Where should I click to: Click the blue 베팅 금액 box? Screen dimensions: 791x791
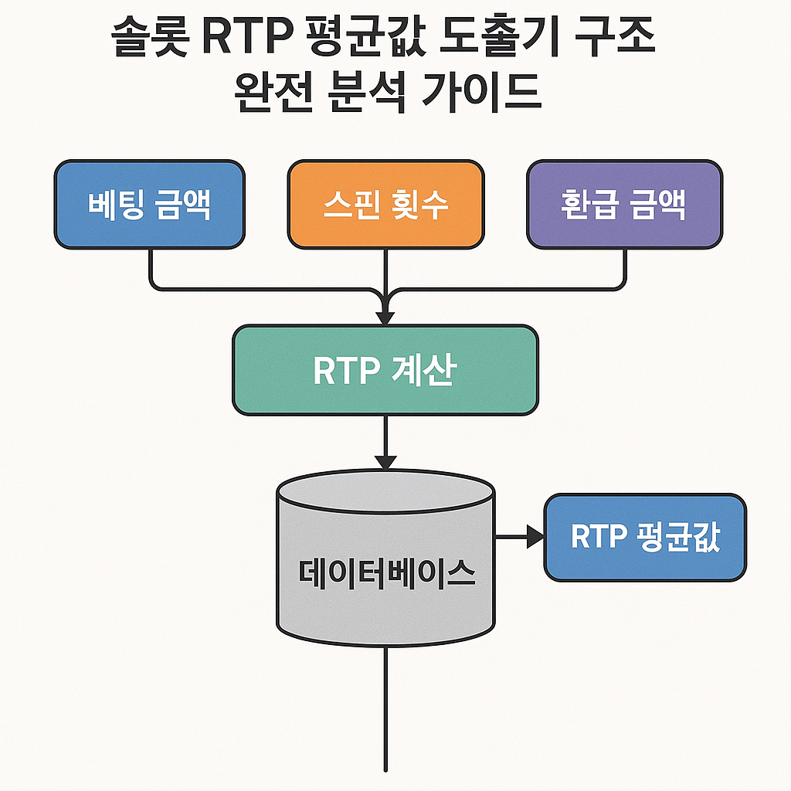[x=149, y=204]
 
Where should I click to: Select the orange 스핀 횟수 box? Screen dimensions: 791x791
[x=386, y=204]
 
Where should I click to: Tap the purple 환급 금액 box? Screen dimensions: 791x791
[x=624, y=204]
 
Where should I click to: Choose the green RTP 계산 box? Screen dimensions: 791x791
[x=385, y=370]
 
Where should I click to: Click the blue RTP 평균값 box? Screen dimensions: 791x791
[x=645, y=538]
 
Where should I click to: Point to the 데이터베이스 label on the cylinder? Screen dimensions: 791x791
[x=387, y=573]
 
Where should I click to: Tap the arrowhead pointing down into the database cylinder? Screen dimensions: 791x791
[x=385, y=462]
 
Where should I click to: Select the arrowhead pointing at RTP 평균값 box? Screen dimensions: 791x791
[x=535, y=536]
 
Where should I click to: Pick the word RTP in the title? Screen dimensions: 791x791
[x=248, y=37]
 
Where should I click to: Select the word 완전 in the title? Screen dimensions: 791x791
[x=274, y=93]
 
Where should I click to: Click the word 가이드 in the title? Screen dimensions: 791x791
[x=481, y=93]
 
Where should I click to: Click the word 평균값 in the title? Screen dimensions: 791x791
[x=366, y=36]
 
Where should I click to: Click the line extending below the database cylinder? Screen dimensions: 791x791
[x=385, y=708]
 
